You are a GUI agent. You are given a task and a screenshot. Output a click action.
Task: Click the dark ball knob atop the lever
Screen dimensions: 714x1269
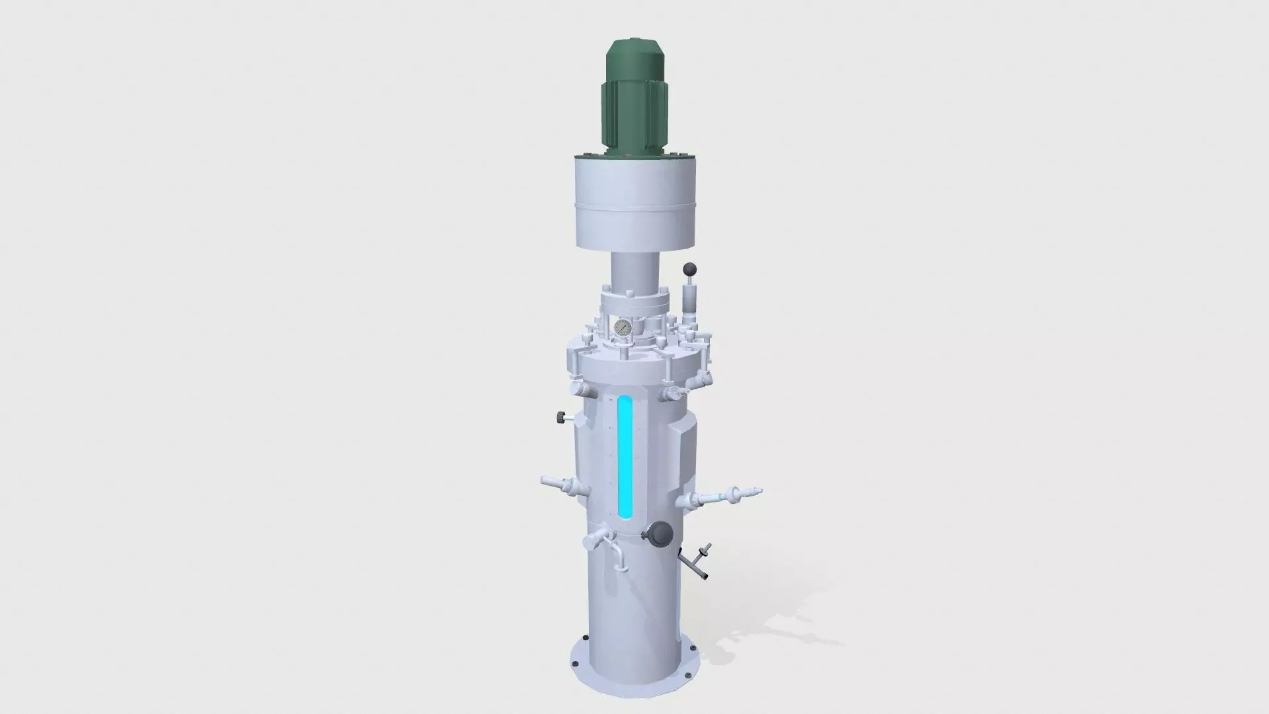pyautogui.click(x=689, y=269)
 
